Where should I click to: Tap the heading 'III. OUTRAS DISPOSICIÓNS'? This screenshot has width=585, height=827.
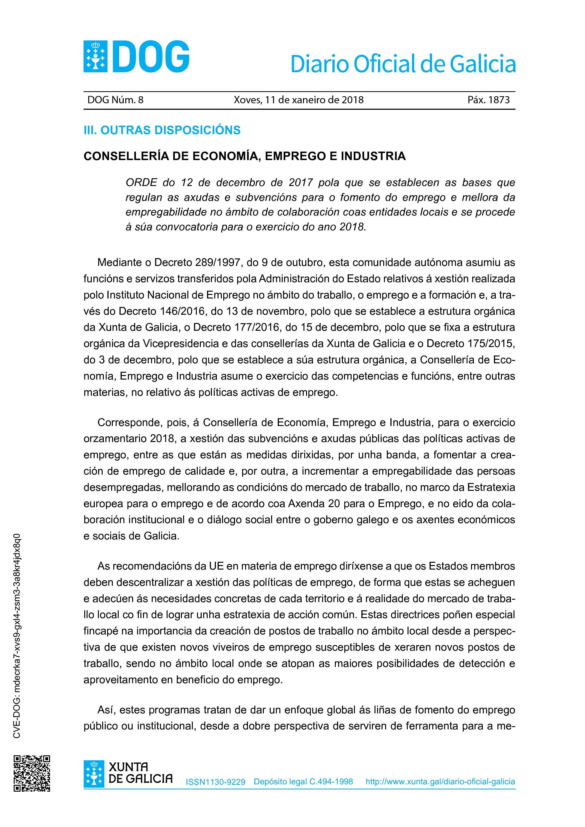(x=162, y=130)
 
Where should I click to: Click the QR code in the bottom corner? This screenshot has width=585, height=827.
(x=32, y=773)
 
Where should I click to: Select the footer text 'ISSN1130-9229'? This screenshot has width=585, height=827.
(x=215, y=782)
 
